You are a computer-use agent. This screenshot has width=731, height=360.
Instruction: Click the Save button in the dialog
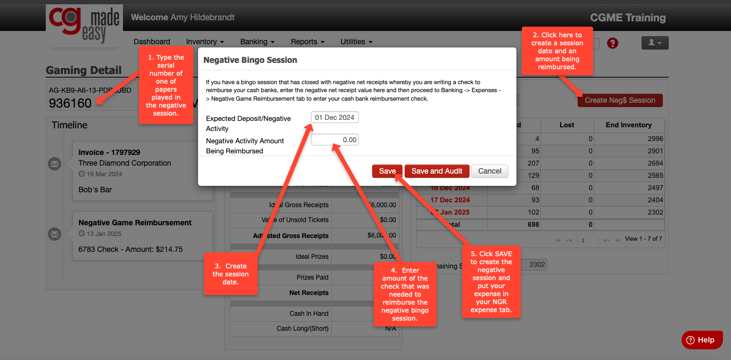[387, 171]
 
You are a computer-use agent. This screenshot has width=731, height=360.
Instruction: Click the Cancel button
[490, 171]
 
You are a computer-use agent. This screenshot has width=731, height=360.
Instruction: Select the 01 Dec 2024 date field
[335, 117]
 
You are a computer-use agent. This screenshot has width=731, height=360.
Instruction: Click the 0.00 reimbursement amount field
[335, 140]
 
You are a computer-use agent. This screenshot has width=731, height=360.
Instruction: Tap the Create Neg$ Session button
[620, 100]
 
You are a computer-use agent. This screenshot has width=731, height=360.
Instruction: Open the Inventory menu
[204, 42]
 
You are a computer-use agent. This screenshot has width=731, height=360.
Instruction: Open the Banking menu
[257, 42]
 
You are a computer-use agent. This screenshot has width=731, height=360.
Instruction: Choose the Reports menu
[307, 42]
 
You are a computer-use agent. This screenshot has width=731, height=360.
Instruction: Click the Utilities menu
[356, 42]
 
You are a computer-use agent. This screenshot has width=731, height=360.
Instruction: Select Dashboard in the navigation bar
[152, 42]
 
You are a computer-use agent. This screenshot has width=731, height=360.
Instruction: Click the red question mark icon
[612, 43]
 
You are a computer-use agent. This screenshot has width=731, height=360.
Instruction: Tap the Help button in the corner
[702, 340]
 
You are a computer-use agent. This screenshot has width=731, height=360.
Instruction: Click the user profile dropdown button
[654, 43]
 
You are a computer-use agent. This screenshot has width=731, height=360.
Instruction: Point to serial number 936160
[70, 103]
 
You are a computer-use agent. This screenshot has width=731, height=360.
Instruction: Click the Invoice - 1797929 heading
[109, 152]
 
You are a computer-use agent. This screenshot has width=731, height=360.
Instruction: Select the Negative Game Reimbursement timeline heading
[135, 223]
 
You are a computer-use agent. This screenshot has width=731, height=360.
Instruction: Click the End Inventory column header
[628, 125]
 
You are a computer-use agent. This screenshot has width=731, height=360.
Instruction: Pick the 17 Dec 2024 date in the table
[450, 200]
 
